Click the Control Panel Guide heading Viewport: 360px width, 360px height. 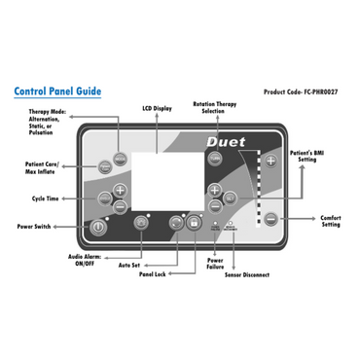pyautogui.click(x=57, y=91)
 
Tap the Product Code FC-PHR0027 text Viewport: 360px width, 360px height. pyautogui.click(x=304, y=92)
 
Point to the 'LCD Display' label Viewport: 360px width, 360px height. pyautogui.click(x=159, y=108)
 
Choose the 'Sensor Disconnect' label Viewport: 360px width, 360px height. pyautogui.click(x=246, y=275)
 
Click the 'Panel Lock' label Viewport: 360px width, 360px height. pyautogui.click(x=153, y=275)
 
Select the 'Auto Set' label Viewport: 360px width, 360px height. pyautogui.click(x=129, y=264)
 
